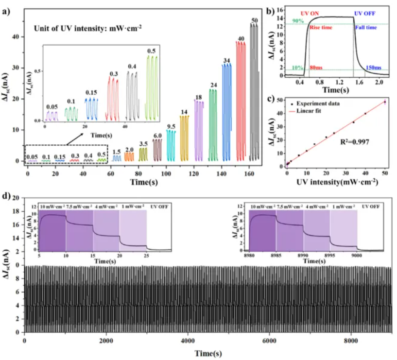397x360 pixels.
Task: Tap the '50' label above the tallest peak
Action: [x=255, y=20]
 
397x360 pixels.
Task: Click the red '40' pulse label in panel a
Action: [x=241, y=38]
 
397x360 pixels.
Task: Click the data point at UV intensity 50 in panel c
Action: [x=385, y=102]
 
